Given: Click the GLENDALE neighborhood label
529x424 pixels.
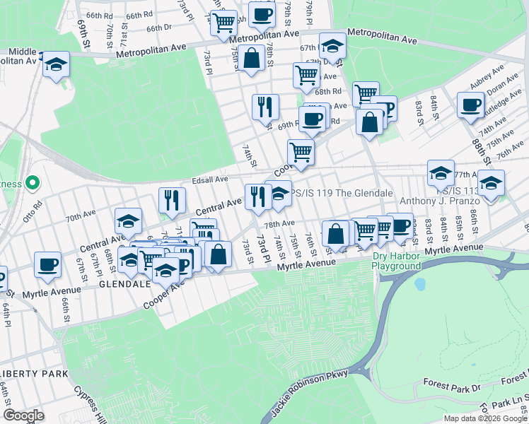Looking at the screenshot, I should point(125,283).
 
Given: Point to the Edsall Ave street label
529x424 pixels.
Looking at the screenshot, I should point(207,179).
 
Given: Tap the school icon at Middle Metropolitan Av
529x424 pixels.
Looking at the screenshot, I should point(56,64).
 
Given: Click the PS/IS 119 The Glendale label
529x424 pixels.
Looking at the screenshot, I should point(342,194).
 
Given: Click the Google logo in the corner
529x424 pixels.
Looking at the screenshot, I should point(23,415).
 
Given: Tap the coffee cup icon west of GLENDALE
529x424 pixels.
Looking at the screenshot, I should point(47,263).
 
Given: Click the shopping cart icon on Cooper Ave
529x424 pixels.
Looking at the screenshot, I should point(301,151).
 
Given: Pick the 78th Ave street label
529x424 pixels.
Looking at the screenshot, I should point(279,223).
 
